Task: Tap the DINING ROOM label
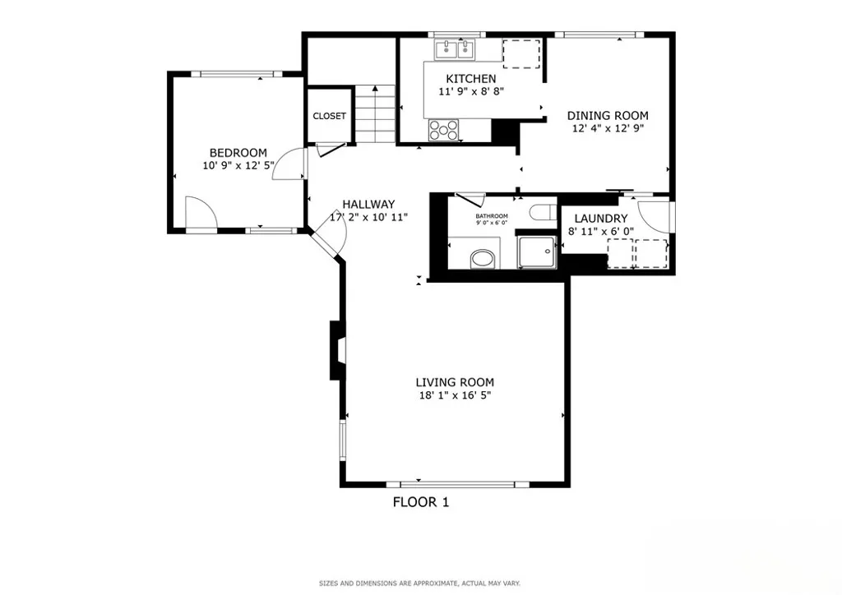point(608,116)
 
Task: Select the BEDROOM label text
point(238,153)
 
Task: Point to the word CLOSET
point(329,117)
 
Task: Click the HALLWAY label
point(368,205)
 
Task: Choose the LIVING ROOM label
point(454,382)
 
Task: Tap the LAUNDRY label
point(600,219)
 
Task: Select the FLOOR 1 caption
point(420,502)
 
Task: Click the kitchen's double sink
point(457,50)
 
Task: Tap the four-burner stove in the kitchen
point(444,129)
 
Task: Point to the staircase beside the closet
point(376,114)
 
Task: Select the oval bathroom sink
point(482,261)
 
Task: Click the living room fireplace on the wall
point(337,350)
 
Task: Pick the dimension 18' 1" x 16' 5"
point(454,395)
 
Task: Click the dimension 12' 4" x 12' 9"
point(608,128)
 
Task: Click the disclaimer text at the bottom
point(419,583)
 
